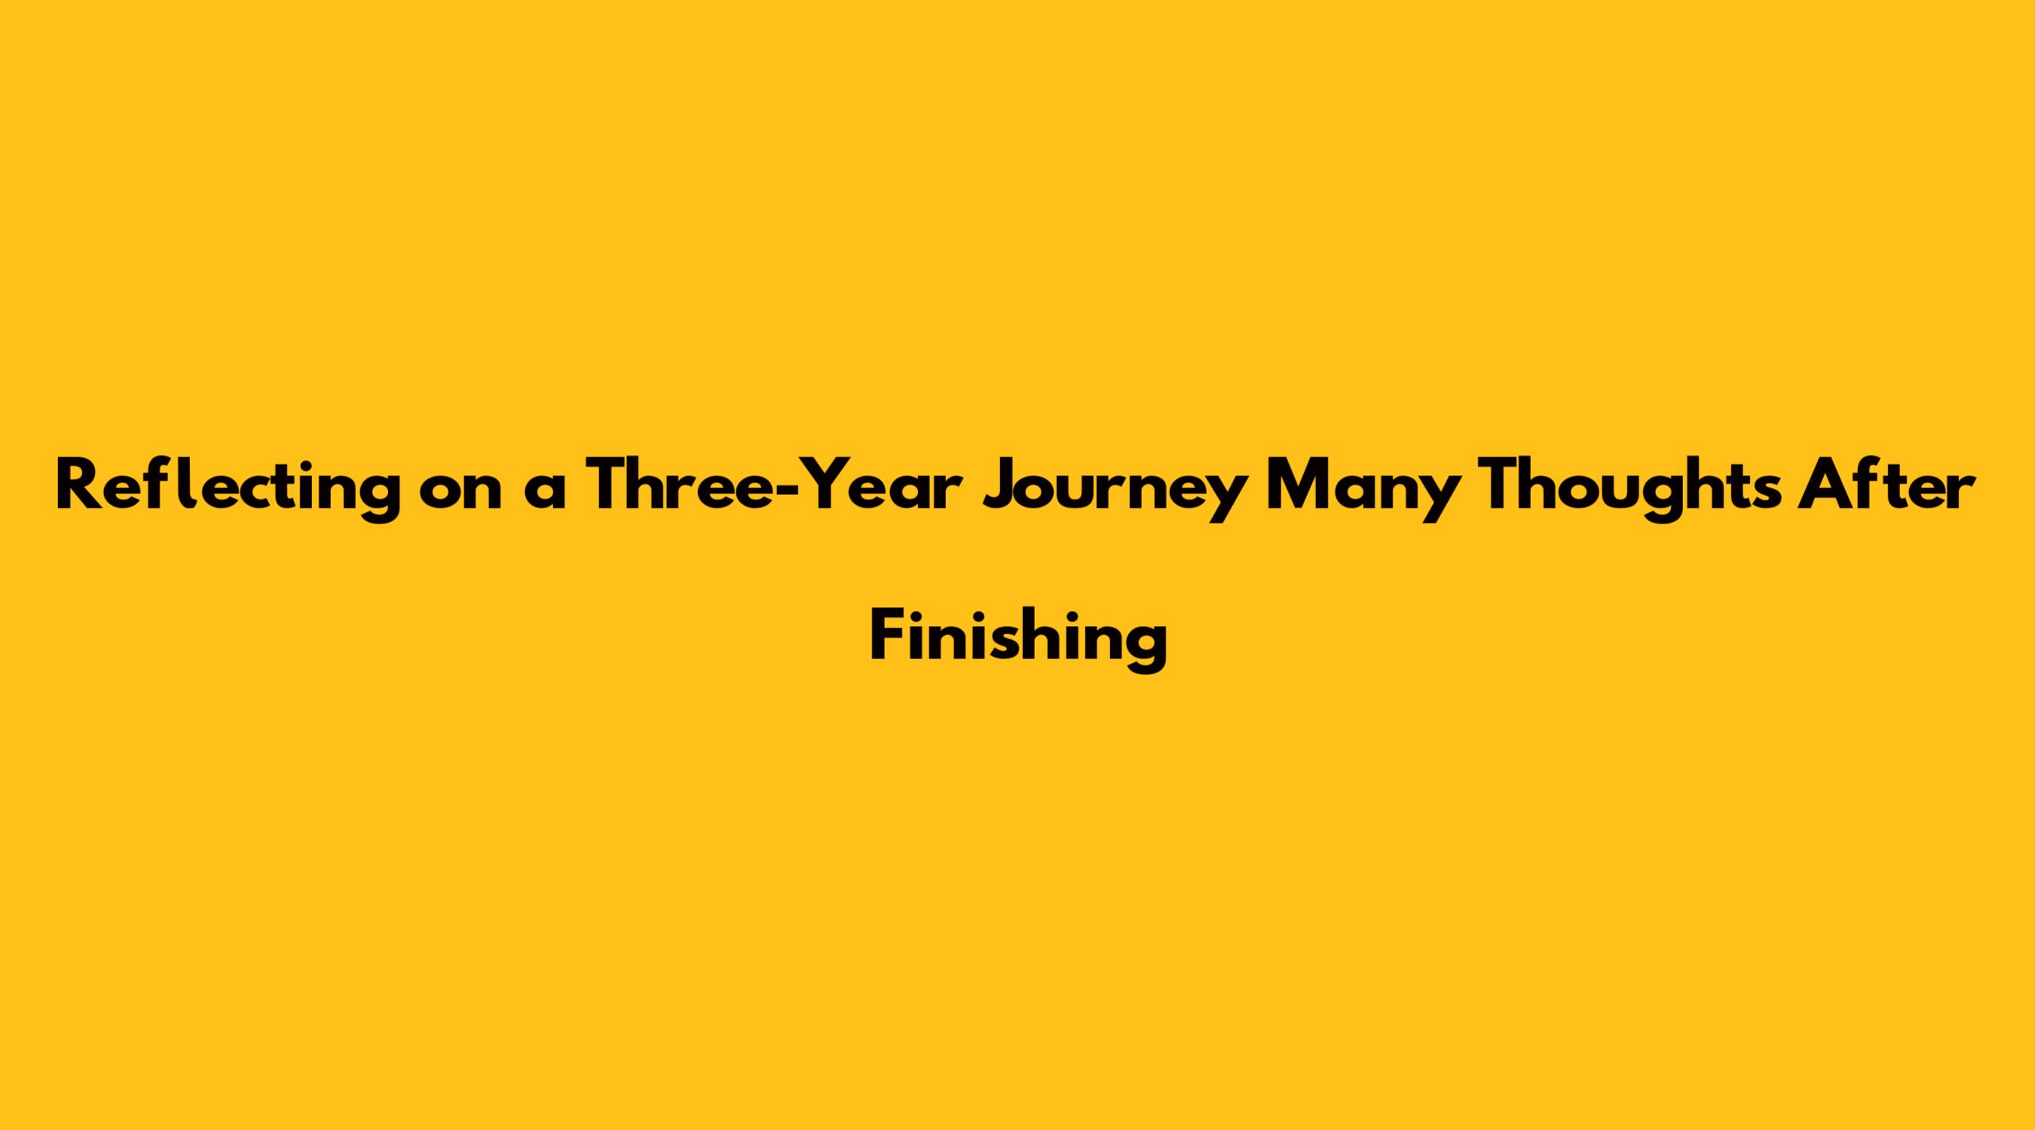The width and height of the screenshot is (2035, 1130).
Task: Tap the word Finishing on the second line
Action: [x=1018, y=642]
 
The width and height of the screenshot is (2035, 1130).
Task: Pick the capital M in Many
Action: [x=1297, y=486]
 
